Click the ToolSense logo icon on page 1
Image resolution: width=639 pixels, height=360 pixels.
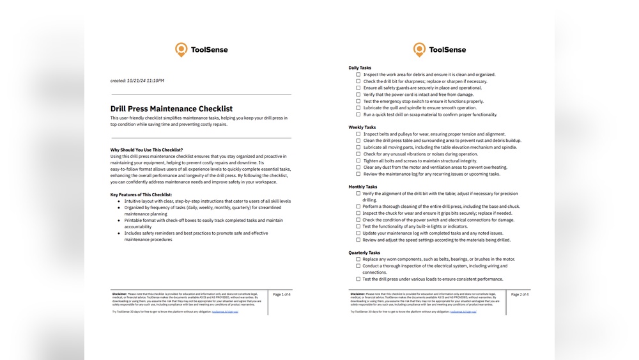(x=181, y=50)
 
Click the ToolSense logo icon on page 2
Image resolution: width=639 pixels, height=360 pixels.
(x=419, y=50)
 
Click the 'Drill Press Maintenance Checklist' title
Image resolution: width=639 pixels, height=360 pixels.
(x=171, y=109)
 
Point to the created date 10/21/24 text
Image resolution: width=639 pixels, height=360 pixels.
(x=137, y=81)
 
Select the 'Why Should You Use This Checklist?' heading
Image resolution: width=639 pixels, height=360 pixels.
(x=146, y=150)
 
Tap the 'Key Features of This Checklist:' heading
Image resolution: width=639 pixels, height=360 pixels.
(x=141, y=194)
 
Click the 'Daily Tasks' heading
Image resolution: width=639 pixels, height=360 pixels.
(x=360, y=68)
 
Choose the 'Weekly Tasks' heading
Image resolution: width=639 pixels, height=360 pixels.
(x=362, y=127)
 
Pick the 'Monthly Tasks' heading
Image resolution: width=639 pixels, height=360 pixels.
(x=363, y=187)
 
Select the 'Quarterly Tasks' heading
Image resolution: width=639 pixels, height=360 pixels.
(x=364, y=253)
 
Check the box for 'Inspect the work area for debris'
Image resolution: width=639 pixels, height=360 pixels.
(x=358, y=75)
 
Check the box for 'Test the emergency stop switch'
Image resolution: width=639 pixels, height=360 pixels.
(x=358, y=101)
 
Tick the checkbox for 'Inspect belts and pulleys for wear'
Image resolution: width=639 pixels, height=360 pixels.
(x=358, y=134)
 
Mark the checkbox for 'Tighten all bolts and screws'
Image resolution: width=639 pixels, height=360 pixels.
(x=358, y=160)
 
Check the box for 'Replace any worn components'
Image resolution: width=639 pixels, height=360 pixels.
(x=358, y=259)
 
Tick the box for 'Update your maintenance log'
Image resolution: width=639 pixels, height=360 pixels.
(x=358, y=233)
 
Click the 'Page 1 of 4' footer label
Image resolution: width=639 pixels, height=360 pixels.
(x=281, y=295)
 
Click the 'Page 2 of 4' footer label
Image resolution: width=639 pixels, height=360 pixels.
(x=520, y=295)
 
